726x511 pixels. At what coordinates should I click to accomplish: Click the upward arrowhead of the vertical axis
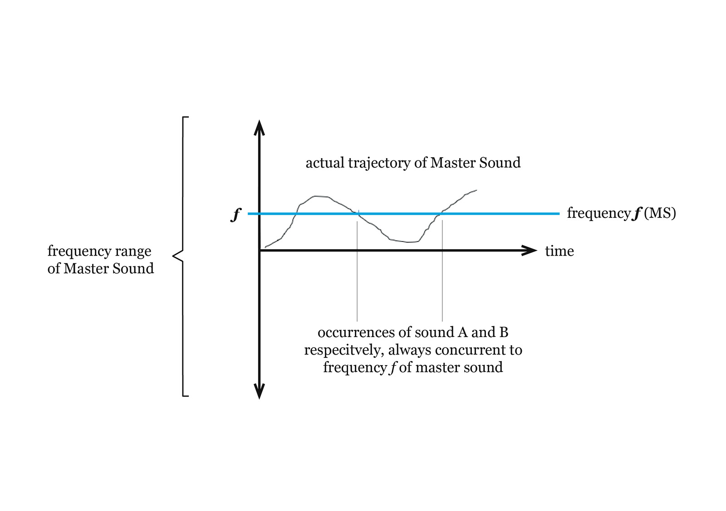pyautogui.click(x=259, y=127)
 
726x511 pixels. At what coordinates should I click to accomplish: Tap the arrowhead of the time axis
pyautogui.click(x=529, y=250)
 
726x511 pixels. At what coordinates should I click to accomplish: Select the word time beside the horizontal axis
pyautogui.click(x=559, y=251)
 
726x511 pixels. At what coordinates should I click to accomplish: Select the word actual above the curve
pyautogui.click(x=324, y=163)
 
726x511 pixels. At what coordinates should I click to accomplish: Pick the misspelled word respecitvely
pyautogui.click(x=342, y=350)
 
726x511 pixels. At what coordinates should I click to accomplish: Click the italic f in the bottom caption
pyautogui.click(x=392, y=367)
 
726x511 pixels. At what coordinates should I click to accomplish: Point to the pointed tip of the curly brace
pyautogui.click(x=174, y=256)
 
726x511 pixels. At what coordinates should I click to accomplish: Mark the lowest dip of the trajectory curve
pyautogui.click(x=408, y=242)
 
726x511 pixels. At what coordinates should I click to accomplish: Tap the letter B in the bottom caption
pyautogui.click(x=503, y=333)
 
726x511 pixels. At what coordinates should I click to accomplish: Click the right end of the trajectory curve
pyautogui.click(x=476, y=190)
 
